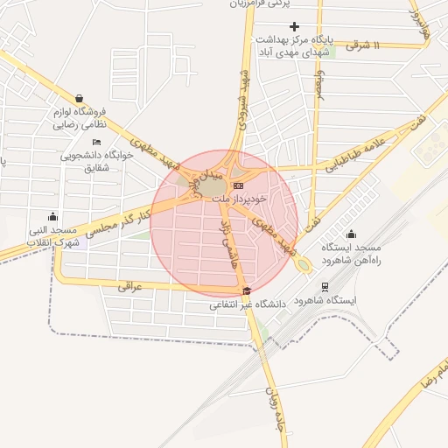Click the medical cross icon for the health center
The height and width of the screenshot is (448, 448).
tap(294, 27)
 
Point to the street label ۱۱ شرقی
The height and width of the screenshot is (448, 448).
tap(365, 45)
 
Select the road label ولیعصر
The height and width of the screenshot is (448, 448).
tap(319, 87)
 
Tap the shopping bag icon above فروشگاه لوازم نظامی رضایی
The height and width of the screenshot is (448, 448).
tap(80, 99)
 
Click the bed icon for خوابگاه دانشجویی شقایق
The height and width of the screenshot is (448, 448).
tap(96, 142)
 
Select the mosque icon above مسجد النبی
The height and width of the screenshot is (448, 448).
tap(53, 217)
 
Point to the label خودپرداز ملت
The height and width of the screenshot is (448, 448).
tap(235, 199)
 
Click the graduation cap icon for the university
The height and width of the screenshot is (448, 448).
tap(247, 290)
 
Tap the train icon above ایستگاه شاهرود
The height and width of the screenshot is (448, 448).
tap(325, 286)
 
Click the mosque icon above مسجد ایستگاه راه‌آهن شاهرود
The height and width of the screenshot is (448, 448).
tap(352, 234)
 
